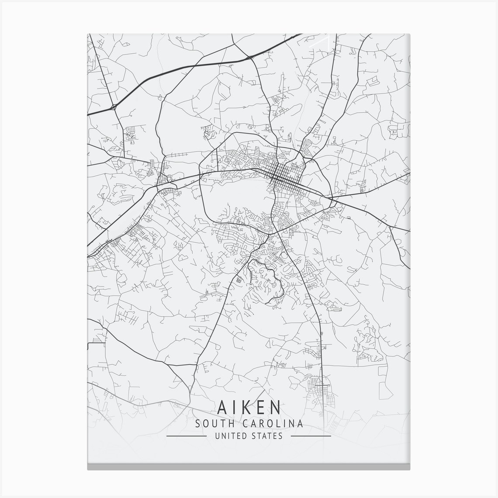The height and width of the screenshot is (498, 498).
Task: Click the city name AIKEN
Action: tap(249, 407)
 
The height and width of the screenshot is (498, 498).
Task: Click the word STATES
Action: tap(267, 436)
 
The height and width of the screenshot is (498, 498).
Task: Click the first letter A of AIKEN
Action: tap(221, 407)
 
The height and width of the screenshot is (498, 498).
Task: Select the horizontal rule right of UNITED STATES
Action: tap(311, 436)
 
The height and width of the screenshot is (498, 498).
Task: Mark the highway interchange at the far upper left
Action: tap(114, 106)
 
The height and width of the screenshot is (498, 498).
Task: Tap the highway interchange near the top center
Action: tap(249, 58)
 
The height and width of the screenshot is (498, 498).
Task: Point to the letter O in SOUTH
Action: tap(205, 423)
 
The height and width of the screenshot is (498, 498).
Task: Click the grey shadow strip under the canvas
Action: tap(249, 467)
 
